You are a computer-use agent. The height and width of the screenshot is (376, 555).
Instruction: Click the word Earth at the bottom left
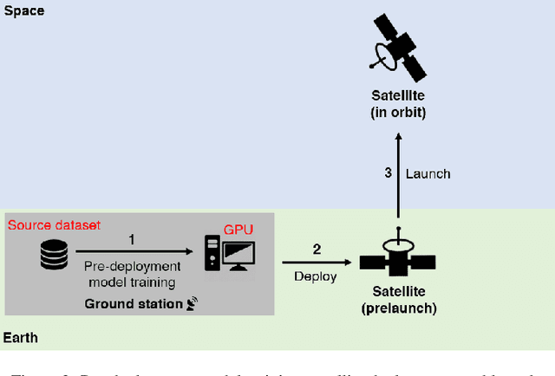click(21, 338)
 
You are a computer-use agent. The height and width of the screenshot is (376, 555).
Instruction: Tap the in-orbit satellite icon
click(397, 47)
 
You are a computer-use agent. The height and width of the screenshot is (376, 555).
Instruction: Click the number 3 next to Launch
click(388, 173)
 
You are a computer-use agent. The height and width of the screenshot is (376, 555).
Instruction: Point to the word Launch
click(428, 173)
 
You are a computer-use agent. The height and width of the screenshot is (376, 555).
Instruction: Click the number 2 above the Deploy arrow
click(317, 249)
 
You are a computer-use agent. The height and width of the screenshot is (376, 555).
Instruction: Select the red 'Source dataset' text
click(55, 225)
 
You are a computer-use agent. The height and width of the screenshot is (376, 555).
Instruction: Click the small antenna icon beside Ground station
click(191, 303)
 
